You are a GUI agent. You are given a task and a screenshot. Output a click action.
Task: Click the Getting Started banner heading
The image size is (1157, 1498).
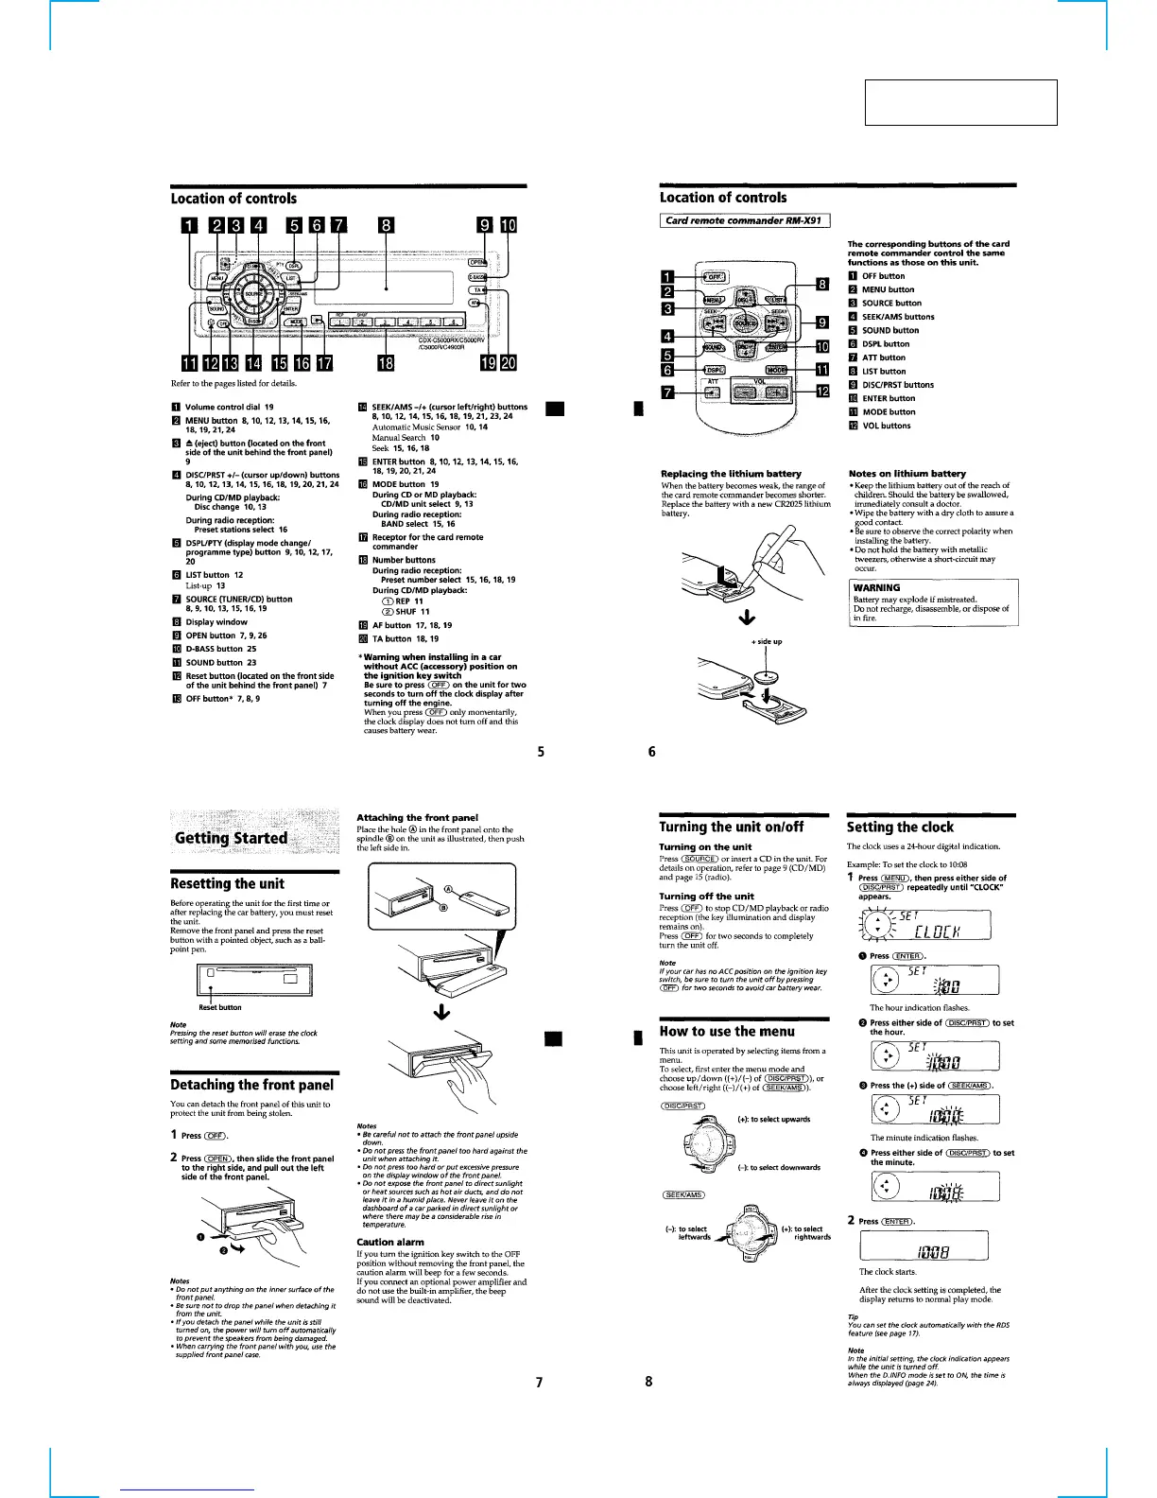pyautogui.click(x=231, y=838)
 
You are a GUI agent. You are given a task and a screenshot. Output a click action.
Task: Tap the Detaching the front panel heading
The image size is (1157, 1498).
pyautogui.click(x=251, y=1085)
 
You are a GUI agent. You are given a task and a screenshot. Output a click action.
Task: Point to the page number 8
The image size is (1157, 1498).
pyautogui.click(x=648, y=1381)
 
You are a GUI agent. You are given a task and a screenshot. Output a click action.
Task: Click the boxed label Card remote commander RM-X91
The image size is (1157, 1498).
pyautogui.click(x=744, y=220)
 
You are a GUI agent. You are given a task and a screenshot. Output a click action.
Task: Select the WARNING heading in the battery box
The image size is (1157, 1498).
pyautogui.click(x=876, y=587)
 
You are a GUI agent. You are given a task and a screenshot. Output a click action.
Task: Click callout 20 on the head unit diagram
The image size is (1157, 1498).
pyautogui.click(x=509, y=363)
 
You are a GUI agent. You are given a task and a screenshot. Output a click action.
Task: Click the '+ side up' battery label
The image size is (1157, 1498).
pyautogui.click(x=767, y=641)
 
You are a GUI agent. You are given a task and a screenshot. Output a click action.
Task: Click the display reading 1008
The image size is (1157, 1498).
pyautogui.click(x=923, y=1245)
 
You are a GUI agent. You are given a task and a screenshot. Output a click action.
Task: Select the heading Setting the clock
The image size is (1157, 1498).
pyautogui.click(x=900, y=827)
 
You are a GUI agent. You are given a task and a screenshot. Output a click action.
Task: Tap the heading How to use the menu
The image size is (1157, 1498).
pyautogui.click(x=726, y=1031)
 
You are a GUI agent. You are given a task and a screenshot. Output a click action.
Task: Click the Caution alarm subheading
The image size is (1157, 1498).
pyautogui.click(x=389, y=1242)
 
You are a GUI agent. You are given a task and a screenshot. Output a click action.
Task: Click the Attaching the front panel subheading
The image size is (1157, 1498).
pyautogui.click(x=417, y=817)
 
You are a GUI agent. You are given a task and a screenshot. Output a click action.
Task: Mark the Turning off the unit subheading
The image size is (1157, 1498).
pyautogui.click(x=706, y=896)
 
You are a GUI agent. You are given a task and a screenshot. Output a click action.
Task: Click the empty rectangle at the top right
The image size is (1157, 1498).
pyautogui.click(x=960, y=102)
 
